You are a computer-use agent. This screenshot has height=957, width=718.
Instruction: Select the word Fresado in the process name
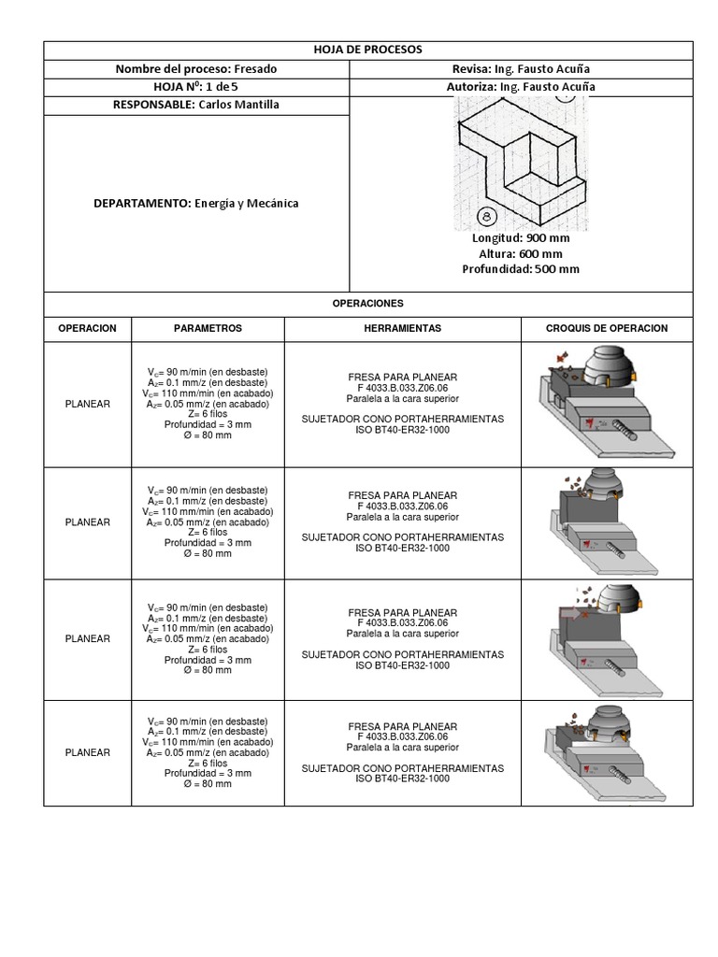(x=255, y=69)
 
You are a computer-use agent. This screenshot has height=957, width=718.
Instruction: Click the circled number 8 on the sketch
(x=487, y=216)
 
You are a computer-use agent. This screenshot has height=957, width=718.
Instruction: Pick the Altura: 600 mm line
(x=521, y=253)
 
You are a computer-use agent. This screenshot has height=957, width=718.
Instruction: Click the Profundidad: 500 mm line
(x=521, y=269)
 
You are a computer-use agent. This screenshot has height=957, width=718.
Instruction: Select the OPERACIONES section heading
(x=367, y=304)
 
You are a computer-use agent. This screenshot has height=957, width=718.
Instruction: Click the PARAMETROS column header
(x=208, y=329)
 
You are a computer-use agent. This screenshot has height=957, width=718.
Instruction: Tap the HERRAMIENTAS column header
(x=402, y=329)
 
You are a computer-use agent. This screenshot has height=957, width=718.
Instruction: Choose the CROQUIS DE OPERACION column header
(x=607, y=329)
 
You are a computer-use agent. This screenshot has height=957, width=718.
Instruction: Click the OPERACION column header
(x=87, y=329)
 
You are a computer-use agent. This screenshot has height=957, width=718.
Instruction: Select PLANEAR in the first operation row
(x=87, y=404)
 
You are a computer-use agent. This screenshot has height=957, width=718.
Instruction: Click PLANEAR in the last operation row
(x=87, y=752)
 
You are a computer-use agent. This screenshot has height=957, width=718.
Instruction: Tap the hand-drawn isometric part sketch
(x=521, y=159)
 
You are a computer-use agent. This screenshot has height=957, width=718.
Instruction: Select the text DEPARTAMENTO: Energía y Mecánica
(x=196, y=203)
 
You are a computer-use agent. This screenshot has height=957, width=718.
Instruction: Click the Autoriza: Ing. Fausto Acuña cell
(x=521, y=87)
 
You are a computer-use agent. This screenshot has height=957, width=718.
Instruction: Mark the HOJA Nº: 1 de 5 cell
(x=196, y=87)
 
